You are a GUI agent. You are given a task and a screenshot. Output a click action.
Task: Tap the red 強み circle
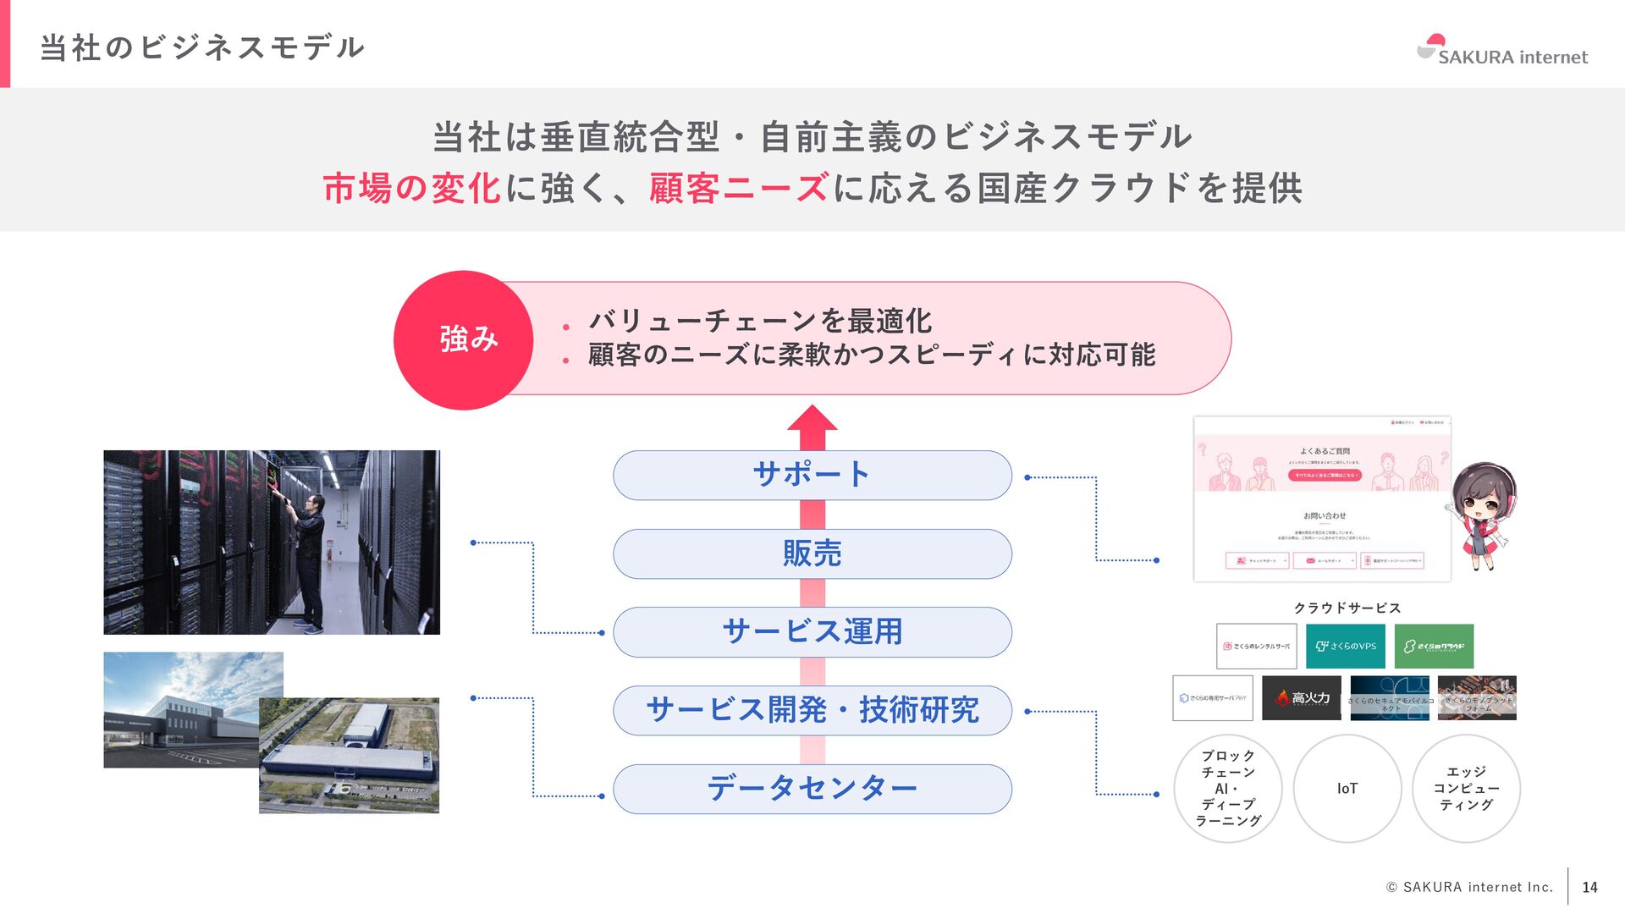coord(463,340)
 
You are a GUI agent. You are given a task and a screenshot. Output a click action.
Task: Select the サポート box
coord(812,475)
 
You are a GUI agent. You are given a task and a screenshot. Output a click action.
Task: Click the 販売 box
coord(812,553)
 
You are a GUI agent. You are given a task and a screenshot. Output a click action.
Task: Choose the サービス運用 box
coord(812,632)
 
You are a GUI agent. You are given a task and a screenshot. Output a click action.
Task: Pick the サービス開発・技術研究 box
coord(812,710)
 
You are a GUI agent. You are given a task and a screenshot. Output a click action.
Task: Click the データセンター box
coord(812,789)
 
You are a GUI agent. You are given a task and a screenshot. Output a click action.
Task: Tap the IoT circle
coord(1347,789)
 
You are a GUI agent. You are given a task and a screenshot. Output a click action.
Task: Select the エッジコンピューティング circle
coord(1466,789)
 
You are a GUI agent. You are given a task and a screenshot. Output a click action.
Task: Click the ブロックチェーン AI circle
coord(1227,789)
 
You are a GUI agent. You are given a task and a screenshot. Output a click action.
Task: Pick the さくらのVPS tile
coord(1345,647)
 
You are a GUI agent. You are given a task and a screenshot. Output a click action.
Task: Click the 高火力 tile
coord(1301,698)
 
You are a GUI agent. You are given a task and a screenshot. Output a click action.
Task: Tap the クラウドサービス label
coord(1347,608)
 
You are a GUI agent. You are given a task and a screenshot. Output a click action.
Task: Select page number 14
coord(1589,887)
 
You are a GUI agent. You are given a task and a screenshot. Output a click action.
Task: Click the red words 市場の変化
coord(412,188)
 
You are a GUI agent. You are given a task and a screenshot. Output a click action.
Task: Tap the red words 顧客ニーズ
coord(738,188)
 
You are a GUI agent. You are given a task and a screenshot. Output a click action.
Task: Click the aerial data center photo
coord(349,755)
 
